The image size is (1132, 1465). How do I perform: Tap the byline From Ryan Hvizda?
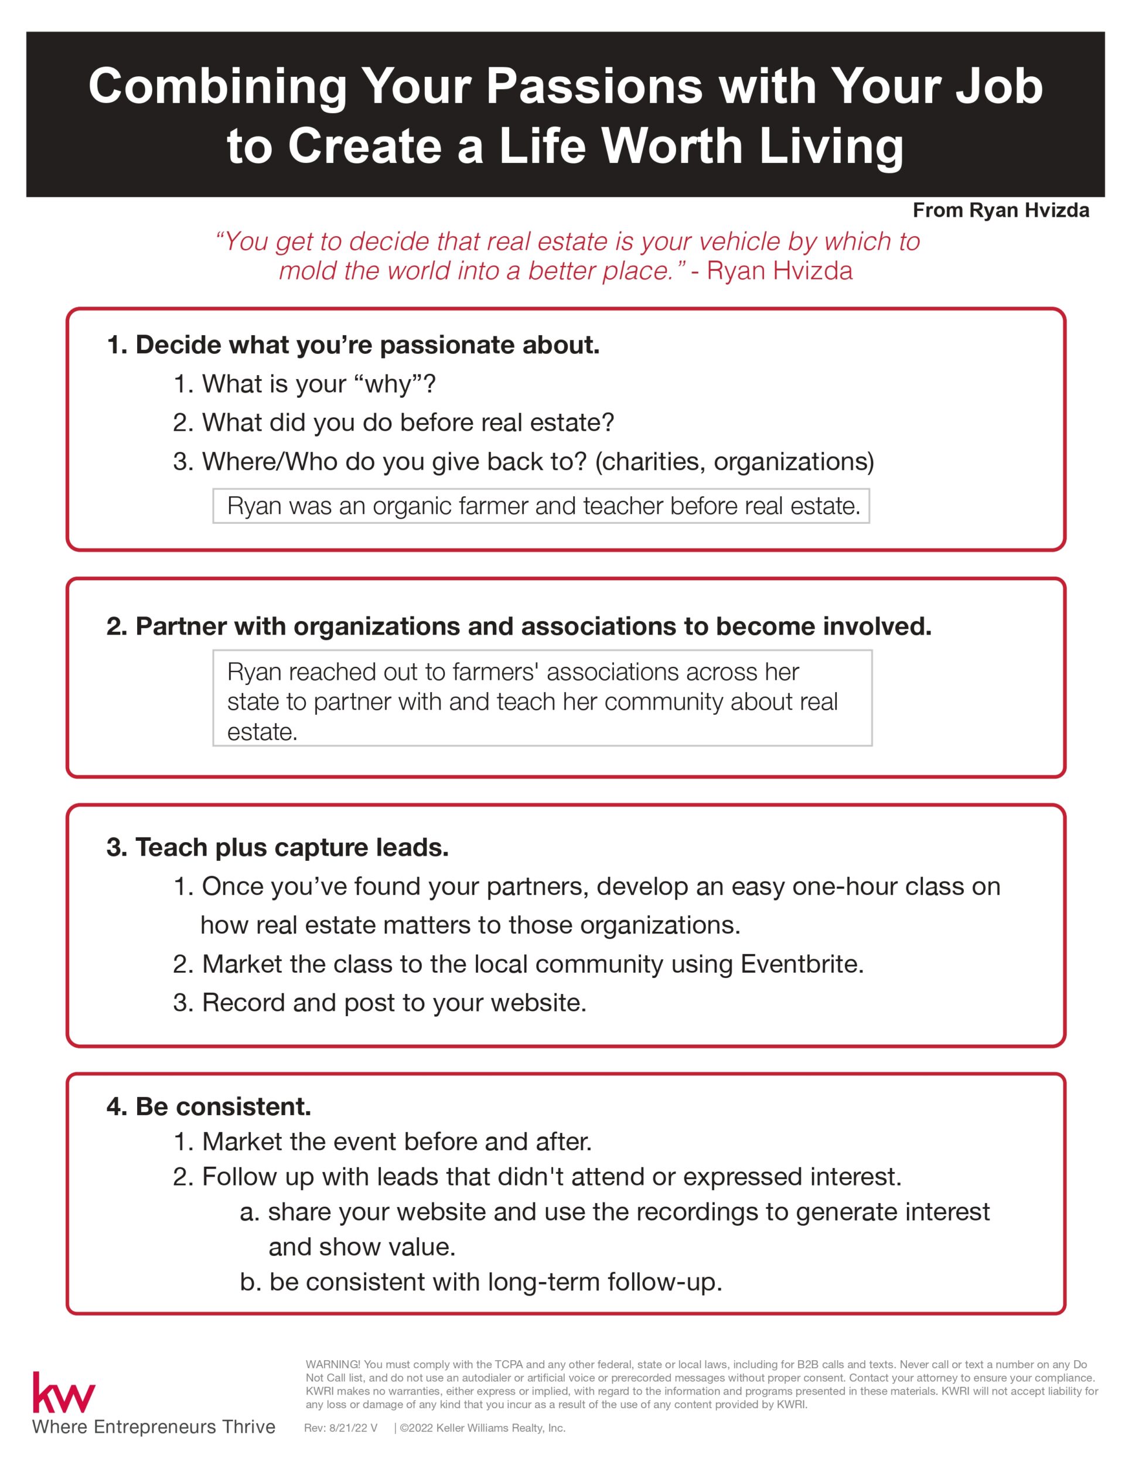tap(1001, 210)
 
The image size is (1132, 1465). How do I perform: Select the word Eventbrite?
tap(801, 964)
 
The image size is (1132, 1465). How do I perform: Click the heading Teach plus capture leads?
tap(278, 847)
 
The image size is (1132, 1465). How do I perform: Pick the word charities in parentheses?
tap(650, 462)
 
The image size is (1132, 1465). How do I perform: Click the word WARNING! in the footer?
tap(333, 1364)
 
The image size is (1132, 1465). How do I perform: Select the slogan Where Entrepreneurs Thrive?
tap(154, 1427)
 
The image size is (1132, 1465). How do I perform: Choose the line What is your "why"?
tap(305, 384)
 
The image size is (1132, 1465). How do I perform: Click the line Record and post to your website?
tap(380, 1002)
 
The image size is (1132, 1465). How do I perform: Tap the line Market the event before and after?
tap(382, 1141)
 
